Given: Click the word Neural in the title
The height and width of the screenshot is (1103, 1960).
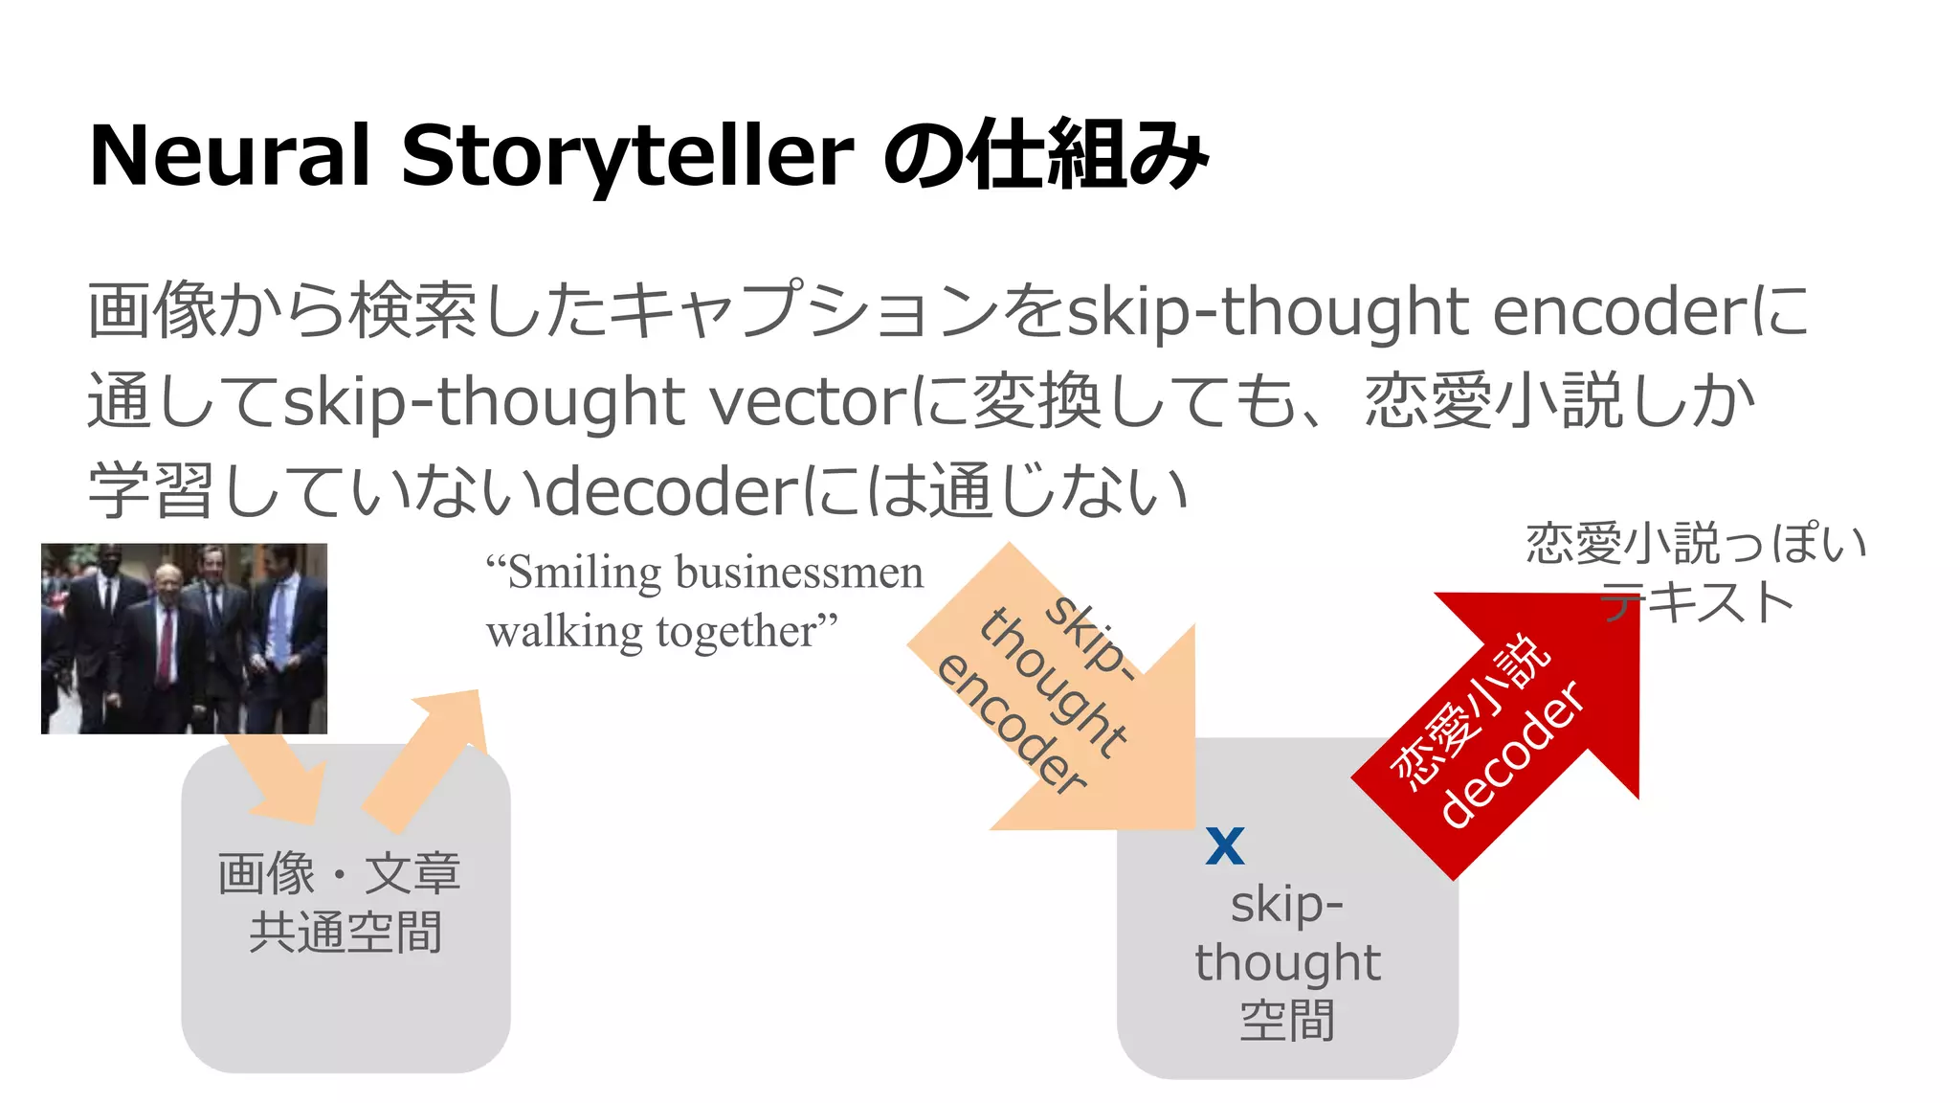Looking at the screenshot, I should coord(229,156).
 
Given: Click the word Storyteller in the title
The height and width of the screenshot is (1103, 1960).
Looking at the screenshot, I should coord(627,156).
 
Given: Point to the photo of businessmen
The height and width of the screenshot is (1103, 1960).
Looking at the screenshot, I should coord(184,639).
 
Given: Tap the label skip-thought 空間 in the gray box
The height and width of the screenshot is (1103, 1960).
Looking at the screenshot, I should coord(1287,961).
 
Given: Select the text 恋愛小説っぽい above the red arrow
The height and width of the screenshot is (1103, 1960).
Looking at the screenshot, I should coord(1695,544).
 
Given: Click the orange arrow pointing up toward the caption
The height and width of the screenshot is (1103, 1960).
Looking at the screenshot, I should coord(431,756).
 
